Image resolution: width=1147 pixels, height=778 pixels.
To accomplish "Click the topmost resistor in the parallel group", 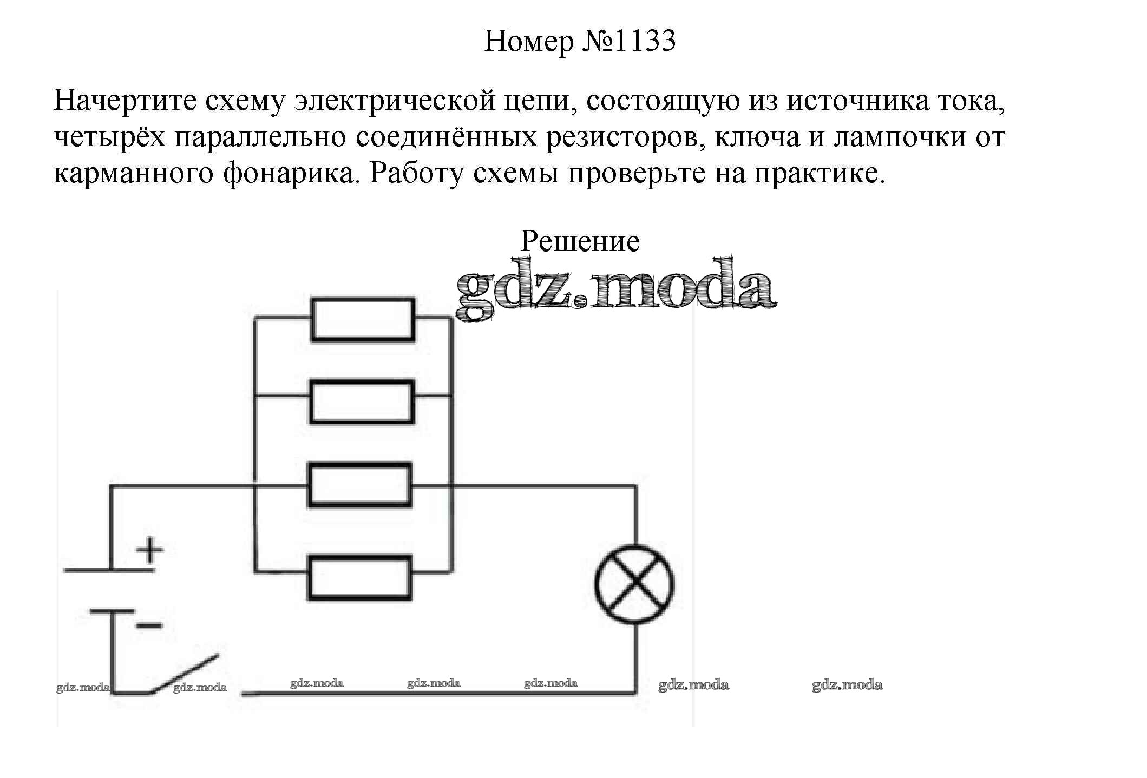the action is (x=363, y=319).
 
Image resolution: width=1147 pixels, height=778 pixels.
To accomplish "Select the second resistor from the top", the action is (x=362, y=402).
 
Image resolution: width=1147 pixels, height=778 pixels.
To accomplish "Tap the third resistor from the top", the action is (x=360, y=485).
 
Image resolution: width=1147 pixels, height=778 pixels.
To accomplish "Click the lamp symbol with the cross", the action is (x=634, y=585).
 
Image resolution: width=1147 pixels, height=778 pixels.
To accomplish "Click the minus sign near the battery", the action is (x=149, y=625).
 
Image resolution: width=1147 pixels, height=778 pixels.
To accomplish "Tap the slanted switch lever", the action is (x=184, y=674).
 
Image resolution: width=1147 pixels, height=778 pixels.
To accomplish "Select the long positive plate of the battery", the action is (x=109, y=570).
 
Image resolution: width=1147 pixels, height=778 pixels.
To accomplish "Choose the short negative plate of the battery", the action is (x=112, y=611).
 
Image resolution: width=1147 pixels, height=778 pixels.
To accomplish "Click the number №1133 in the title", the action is (x=629, y=41).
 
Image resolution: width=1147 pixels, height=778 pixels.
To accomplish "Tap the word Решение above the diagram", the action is (x=580, y=241).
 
